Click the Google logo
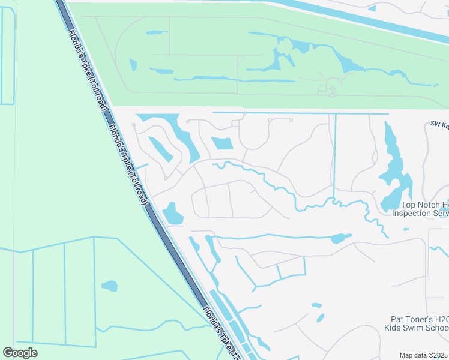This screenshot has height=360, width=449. coord(20,353)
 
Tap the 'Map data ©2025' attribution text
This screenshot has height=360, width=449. coord(424,355)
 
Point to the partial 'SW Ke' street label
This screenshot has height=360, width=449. coord(440,125)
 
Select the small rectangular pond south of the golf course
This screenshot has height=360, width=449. coord(222,143)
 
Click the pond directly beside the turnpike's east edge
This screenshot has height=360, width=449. coord(173,213)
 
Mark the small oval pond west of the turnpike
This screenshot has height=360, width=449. coord(109,286)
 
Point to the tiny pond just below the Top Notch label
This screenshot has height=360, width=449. coord(406,229)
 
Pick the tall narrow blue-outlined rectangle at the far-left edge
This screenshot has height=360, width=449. coord(8,57)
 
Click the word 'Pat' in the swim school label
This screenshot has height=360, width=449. coord(393,320)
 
